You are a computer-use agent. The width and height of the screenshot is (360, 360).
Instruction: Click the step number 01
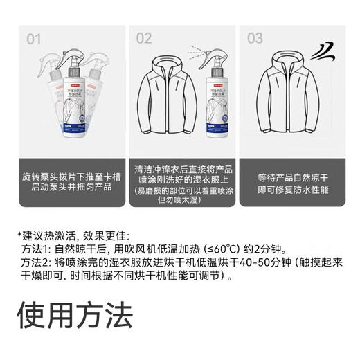tap(34, 39)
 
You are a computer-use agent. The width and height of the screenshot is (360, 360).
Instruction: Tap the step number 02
tap(144, 39)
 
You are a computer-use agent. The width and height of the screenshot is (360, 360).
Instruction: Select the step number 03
tap(255, 39)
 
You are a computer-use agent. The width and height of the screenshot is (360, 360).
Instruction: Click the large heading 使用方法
tap(74, 316)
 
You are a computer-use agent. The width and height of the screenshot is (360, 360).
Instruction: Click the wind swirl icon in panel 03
tap(323, 51)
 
